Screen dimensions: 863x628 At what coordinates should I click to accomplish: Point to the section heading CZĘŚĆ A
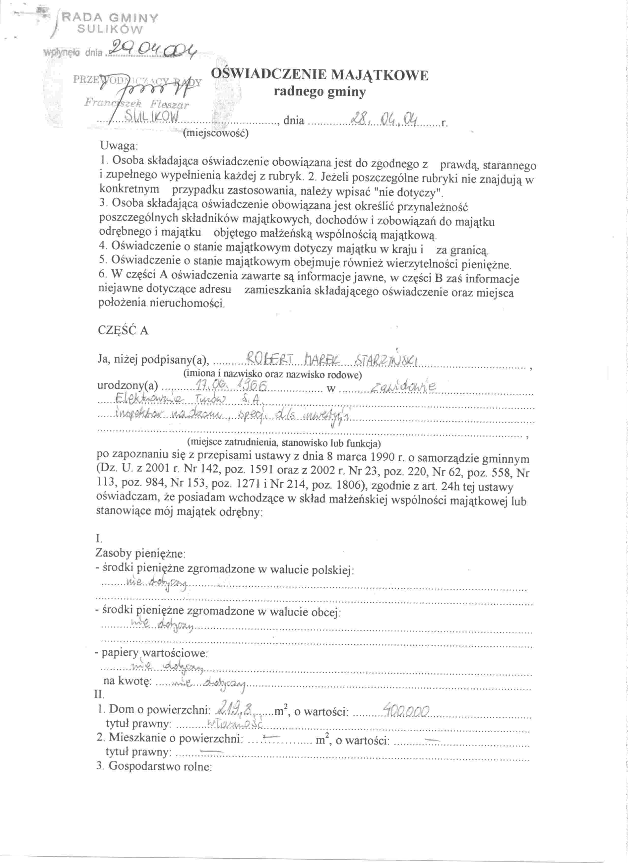click(x=123, y=330)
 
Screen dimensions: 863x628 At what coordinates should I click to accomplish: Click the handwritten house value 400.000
click(x=406, y=709)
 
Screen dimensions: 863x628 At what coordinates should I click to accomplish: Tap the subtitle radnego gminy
click(x=320, y=92)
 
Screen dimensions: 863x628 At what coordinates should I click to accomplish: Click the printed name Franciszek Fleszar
click(x=137, y=103)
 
